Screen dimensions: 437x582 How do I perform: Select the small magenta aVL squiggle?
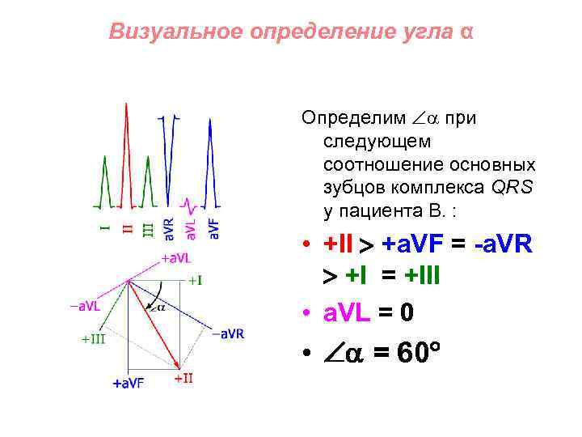coord(188,202)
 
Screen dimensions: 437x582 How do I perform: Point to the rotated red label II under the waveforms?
coord(126,229)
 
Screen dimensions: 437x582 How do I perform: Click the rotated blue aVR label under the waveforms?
coord(168,227)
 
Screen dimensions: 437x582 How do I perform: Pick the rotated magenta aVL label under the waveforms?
coord(192,227)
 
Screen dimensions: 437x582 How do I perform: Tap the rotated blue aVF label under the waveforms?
coord(214,227)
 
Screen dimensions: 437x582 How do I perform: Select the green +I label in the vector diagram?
coord(195,281)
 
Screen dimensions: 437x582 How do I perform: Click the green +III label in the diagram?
coord(93,339)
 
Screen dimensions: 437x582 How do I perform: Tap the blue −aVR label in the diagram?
coord(228,333)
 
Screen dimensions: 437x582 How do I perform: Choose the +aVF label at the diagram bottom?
coord(128,383)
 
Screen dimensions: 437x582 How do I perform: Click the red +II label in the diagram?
coord(183,378)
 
